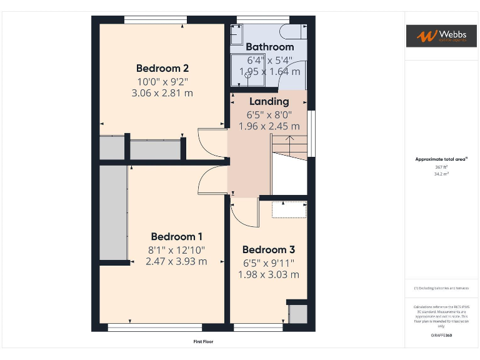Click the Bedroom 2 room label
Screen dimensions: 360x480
click(x=162, y=68)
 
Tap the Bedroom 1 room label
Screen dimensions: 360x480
click(x=176, y=236)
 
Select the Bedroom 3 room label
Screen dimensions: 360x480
click(x=268, y=250)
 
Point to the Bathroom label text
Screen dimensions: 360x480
click(x=269, y=47)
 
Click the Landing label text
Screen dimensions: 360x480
click(x=269, y=101)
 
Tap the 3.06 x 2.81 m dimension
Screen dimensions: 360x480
click(x=162, y=93)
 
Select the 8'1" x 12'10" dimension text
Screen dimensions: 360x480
click(x=176, y=250)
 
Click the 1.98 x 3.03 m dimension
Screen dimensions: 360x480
click(x=268, y=274)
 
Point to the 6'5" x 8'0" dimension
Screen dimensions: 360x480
click(x=269, y=114)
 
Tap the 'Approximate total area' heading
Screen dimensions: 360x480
click(x=441, y=159)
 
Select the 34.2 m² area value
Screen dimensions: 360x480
click(x=441, y=174)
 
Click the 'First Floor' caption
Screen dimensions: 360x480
click(x=203, y=342)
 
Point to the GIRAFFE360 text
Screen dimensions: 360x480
click(x=441, y=336)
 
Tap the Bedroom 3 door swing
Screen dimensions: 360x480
click(x=246, y=214)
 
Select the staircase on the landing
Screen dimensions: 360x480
click(x=289, y=166)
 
